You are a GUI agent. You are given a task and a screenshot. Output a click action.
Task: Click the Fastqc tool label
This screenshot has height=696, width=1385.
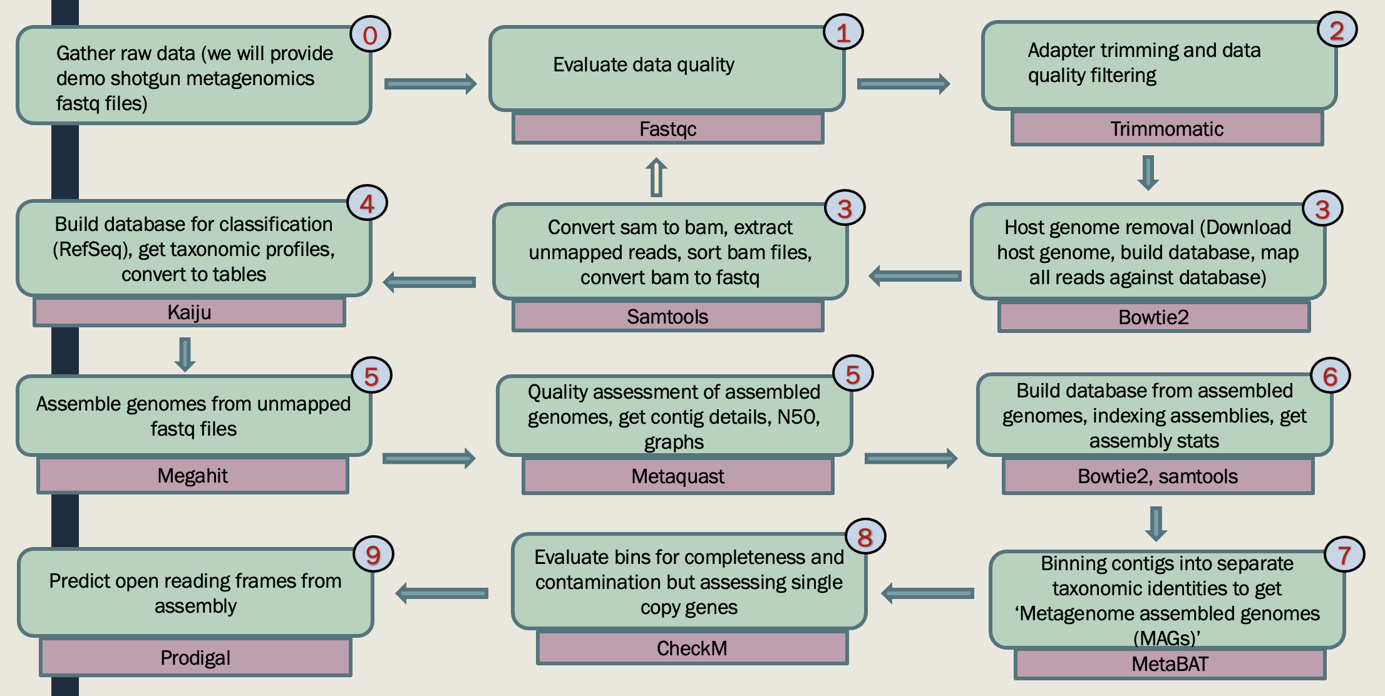point(667,129)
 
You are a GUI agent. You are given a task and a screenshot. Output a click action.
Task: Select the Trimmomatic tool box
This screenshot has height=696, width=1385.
point(1166,129)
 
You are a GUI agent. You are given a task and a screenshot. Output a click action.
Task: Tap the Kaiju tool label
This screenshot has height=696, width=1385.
point(189,312)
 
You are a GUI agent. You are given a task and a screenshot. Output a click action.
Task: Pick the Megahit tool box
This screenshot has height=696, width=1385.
point(192,476)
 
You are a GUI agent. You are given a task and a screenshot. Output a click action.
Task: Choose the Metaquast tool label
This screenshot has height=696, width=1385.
point(677,476)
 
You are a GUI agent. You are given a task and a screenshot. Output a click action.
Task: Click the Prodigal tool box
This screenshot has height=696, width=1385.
point(195,658)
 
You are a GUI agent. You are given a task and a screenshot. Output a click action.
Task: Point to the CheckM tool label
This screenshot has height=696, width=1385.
point(692,648)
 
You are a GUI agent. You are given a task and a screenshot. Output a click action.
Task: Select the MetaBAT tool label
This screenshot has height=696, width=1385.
point(1170,664)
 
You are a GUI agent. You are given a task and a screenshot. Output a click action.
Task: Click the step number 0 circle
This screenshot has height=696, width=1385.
point(370,35)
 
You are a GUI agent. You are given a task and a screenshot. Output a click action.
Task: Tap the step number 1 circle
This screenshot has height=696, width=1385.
point(843,33)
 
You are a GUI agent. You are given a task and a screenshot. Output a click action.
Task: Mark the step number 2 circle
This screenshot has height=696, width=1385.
point(1337,30)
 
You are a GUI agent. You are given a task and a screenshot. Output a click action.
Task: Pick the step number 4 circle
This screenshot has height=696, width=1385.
point(367,203)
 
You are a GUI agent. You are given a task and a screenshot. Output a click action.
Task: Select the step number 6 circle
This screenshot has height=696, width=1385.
point(1331,376)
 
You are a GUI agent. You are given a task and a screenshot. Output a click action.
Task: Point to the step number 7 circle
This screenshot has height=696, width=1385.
point(1344,555)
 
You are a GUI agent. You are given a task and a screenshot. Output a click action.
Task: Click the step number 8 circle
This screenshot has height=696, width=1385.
point(865,537)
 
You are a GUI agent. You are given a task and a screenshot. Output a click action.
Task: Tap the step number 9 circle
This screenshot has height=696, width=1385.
point(373,555)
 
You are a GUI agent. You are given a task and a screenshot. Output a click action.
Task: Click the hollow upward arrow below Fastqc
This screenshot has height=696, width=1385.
point(656,177)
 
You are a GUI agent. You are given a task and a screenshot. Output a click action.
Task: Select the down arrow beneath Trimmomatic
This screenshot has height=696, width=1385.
point(1148,172)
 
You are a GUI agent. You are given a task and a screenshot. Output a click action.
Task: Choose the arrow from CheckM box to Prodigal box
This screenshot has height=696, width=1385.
point(442,593)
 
